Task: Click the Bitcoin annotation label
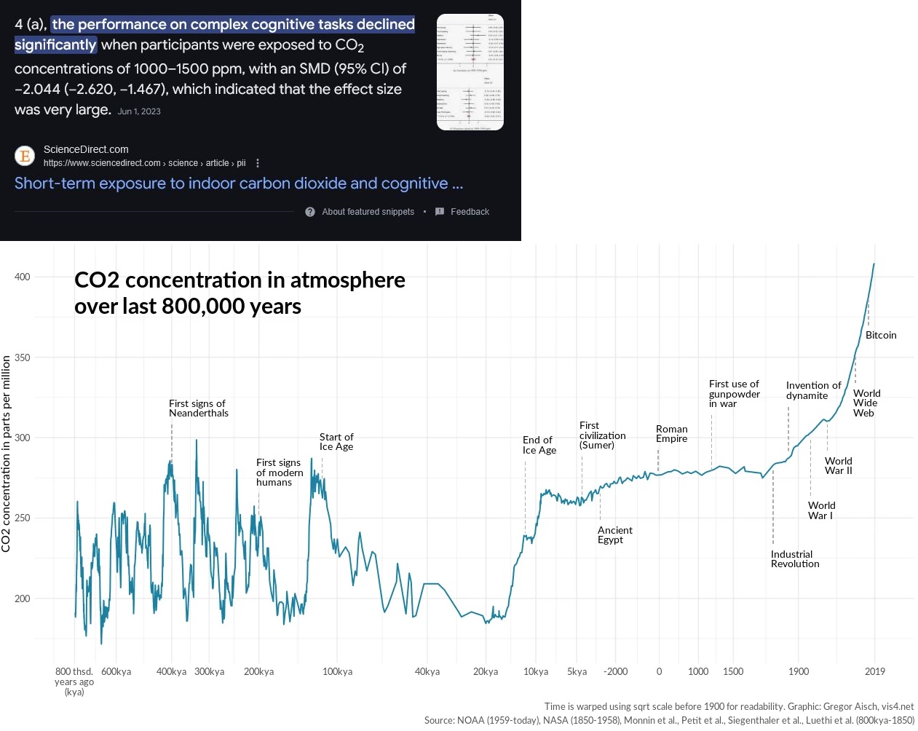(880, 336)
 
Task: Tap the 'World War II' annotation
(838, 466)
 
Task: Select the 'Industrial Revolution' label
(795, 559)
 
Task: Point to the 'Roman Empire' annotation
(671, 434)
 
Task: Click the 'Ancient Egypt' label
(614, 535)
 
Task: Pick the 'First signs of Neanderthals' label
(198, 408)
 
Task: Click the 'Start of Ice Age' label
(336, 442)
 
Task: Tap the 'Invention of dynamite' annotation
(812, 390)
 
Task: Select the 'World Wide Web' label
(866, 403)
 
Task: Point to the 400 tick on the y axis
(23, 277)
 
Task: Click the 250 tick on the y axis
(23, 518)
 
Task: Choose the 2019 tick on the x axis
(874, 672)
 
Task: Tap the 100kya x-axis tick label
(337, 672)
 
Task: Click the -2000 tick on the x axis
(615, 672)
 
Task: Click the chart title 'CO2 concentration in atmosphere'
(240, 280)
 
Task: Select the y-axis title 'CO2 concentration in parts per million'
(7, 454)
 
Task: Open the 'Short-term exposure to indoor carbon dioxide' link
(238, 183)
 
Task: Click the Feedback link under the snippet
(469, 212)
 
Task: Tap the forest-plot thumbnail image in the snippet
(470, 72)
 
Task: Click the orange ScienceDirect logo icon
(25, 156)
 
